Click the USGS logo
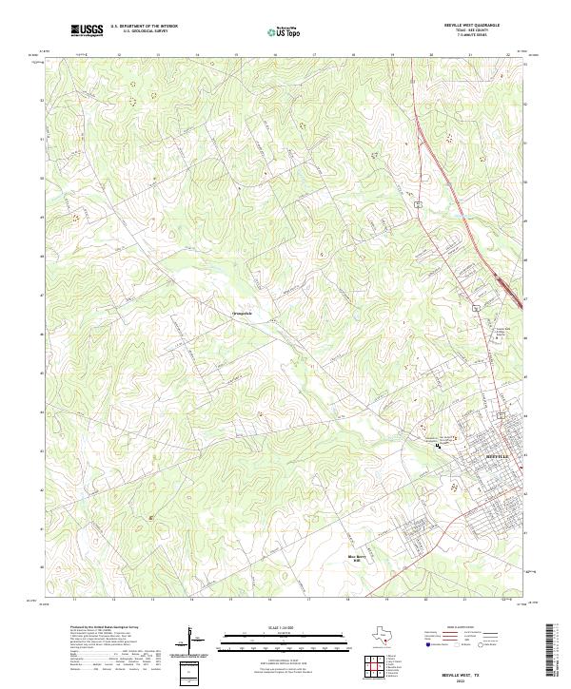coord(87,30)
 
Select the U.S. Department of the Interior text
coord(144,27)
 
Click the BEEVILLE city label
coord(498,457)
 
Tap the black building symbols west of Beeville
coord(439,444)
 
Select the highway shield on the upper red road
coord(417,203)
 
